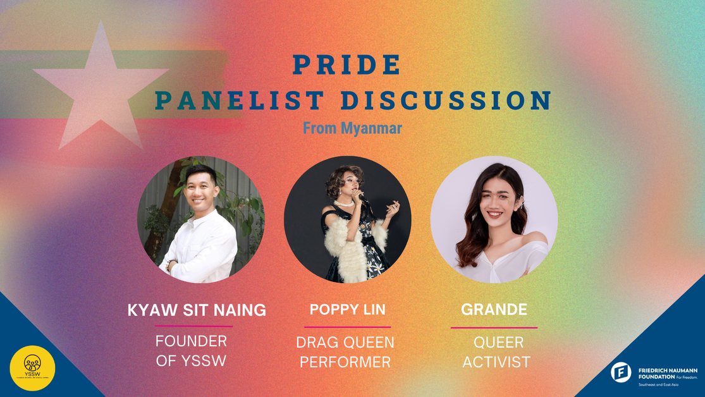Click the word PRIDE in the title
tap(346, 64)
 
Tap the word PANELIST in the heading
tap(240, 101)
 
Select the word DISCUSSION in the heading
tap(446, 101)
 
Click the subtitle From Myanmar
tap(352, 128)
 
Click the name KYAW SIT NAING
tap(197, 310)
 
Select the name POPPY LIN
tap(347, 310)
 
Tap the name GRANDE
tap(494, 310)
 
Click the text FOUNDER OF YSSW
tap(192, 351)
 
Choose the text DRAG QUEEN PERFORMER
tap(345, 352)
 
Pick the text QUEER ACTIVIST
tap(496, 352)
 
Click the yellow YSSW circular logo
tap(32, 367)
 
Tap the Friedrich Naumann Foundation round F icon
tap(620, 372)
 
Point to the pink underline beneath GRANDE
tap(494, 327)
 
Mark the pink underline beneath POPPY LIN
tap(347, 327)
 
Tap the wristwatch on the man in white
tap(169, 265)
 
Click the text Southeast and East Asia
tap(658, 384)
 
